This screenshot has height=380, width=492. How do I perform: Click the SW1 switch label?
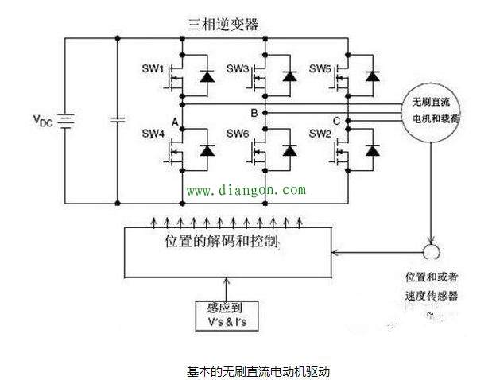click(x=151, y=70)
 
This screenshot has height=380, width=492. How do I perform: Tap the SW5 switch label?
click(x=321, y=70)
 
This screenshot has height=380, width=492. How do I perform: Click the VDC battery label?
click(x=43, y=120)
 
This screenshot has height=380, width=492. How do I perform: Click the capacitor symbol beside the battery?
click(x=118, y=120)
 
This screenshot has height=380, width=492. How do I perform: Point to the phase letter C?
click(x=336, y=121)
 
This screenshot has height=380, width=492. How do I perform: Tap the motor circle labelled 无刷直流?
click(x=436, y=111)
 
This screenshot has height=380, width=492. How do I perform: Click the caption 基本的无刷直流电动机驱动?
click(x=258, y=370)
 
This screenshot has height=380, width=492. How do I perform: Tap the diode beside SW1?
click(x=209, y=76)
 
